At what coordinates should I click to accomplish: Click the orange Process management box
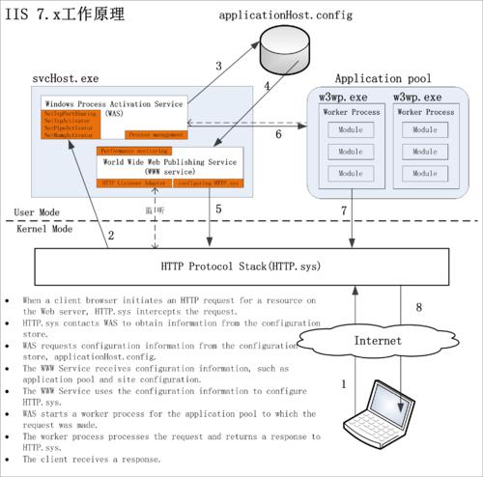click(157, 136)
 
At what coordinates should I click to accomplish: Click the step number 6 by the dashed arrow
click(278, 135)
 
